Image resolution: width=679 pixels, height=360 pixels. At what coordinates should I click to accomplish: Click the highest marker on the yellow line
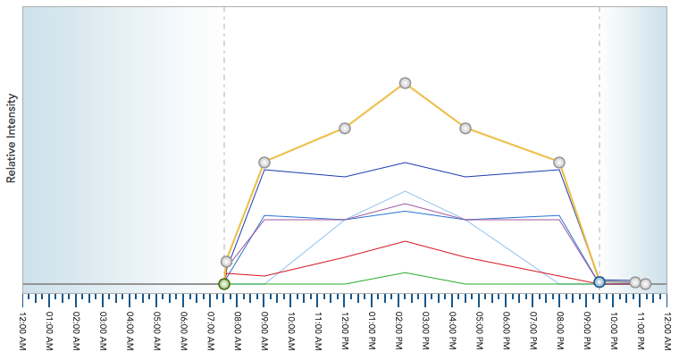[405, 83]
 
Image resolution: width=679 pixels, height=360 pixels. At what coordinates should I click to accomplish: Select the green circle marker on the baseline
[224, 284]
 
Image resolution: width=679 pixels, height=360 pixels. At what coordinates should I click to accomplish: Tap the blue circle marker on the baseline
[599, 281]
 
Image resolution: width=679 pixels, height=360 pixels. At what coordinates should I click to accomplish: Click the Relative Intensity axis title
[12, 138]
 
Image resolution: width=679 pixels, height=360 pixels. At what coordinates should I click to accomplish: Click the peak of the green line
[405, 272]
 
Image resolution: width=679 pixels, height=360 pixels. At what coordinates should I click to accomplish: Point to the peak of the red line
[405, 241]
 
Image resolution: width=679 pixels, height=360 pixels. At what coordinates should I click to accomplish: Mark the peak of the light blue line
[405, 191]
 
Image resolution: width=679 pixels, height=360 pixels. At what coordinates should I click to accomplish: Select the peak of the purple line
[405, 204]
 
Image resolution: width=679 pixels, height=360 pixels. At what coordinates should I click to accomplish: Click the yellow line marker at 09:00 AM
[264, 163]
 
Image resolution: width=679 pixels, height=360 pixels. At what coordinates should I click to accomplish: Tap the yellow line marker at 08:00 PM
[559, 163]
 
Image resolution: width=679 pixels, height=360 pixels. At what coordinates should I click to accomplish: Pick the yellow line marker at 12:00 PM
[345, 129]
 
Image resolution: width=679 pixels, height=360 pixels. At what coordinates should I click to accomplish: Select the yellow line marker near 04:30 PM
[465, 129]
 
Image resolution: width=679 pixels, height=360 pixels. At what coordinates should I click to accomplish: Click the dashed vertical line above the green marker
[224, 134]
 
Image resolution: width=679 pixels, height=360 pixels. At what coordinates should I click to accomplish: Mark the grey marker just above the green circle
[227, 262]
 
